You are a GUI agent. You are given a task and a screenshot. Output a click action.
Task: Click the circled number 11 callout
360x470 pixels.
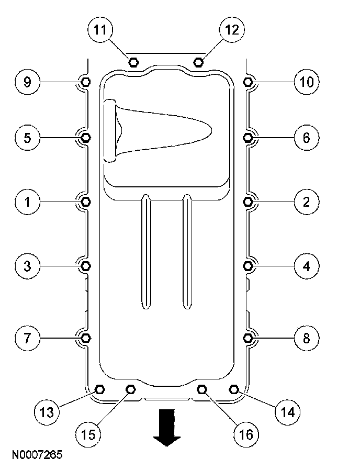point(100,30)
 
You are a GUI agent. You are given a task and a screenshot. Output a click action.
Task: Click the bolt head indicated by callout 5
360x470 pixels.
point(86,138)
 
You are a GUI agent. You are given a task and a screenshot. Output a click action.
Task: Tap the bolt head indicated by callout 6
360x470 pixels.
point(248,138)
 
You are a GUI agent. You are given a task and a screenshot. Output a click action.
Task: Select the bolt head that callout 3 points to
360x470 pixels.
point(86,266)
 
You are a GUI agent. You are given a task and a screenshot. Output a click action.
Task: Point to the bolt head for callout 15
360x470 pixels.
point(131,389)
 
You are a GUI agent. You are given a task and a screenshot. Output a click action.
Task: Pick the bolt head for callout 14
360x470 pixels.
point(234,389)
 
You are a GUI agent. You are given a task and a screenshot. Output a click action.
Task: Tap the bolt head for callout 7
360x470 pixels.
point(86,337)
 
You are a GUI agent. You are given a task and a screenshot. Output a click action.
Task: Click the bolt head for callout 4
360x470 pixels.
point(249,266)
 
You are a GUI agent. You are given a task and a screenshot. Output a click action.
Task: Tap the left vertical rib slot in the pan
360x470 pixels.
point(147,251)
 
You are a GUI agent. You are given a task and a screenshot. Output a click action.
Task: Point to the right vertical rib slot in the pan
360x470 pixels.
point(187,251)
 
